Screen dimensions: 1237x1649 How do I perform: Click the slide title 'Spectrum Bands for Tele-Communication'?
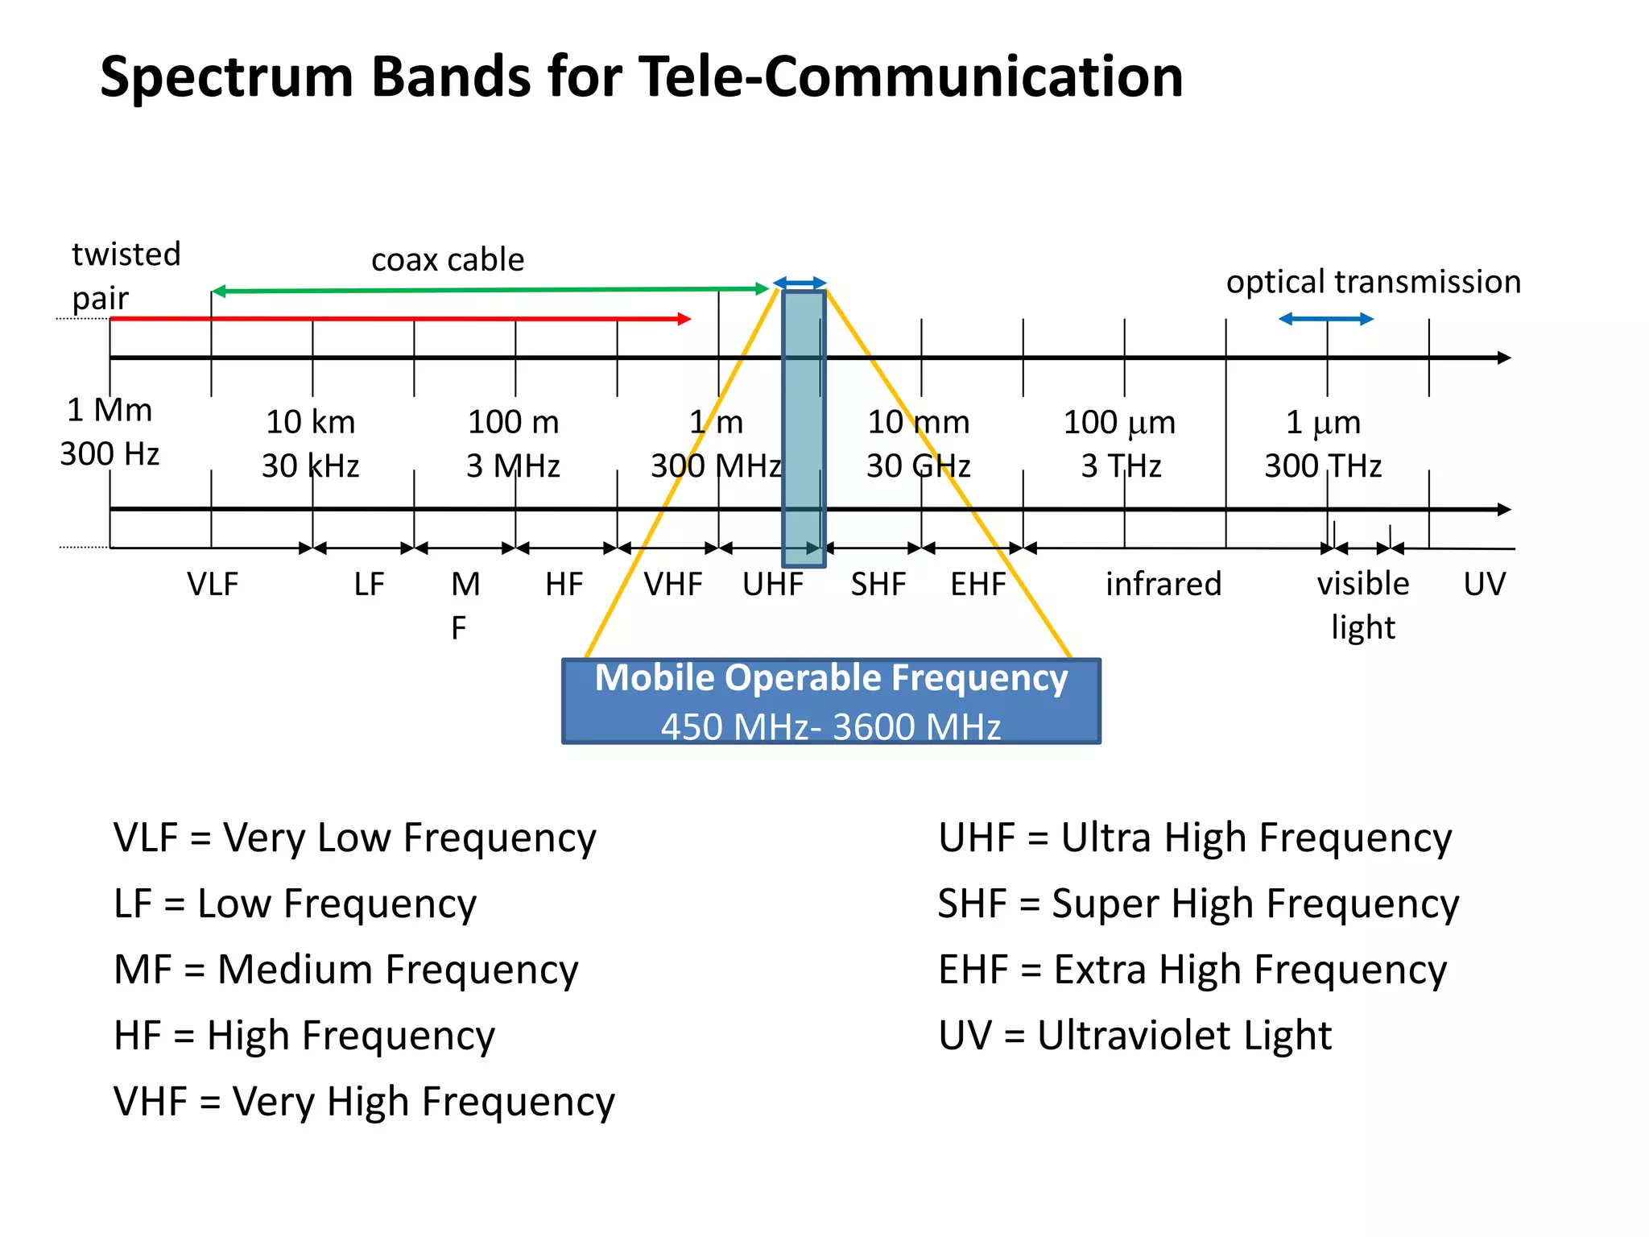[x=642, y=77]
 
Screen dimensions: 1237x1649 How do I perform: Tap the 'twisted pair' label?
[x=125, y=275]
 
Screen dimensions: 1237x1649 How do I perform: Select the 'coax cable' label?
[x=448, y=260]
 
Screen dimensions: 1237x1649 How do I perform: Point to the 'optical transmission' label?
[x=1373, y=282]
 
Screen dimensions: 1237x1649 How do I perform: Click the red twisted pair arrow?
[x=403, y=319]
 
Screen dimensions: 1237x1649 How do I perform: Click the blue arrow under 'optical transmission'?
[x=1326, y=319]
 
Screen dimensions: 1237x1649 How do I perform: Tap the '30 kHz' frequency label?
[x=310, y=466]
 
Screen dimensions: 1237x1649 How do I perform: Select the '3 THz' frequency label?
[x=1121, y=466]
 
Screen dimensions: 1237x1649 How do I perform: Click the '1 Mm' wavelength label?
[x=110, y=411]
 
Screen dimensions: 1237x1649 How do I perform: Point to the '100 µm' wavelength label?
[x=1119, y=423]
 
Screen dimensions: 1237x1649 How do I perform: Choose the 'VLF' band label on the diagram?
[x=213, y=584]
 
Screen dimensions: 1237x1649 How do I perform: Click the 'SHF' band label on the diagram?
[x=878, y=584]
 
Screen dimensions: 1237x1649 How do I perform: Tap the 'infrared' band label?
[x=1163, y=584]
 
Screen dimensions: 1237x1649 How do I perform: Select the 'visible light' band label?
[x=1362, y=604]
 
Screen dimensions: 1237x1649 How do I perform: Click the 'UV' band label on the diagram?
[x=1484, y=584]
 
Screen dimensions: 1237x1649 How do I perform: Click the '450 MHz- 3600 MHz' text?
[x=831, y=726]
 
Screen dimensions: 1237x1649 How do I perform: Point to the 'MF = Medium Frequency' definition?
[x=346, y=970]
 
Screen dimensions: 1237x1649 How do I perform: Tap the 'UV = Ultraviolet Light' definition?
[x=1134, y=1036]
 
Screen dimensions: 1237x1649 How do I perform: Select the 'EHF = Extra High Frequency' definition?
[x=1192, y=970]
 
